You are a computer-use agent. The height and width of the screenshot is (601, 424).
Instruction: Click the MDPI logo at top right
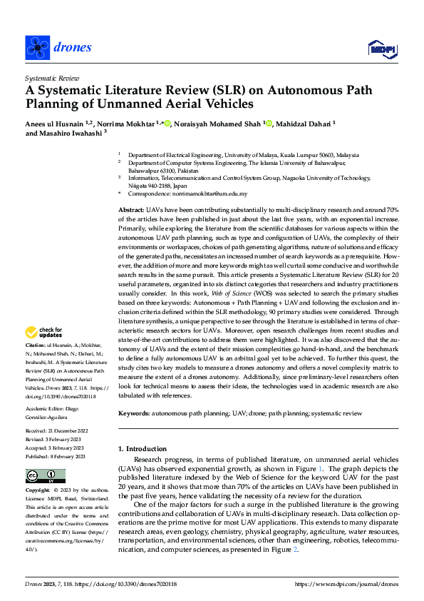(x=381, y=48)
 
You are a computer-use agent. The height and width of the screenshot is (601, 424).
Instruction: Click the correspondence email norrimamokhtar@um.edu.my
(x=212, y=193)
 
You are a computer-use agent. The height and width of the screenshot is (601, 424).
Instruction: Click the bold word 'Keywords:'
(x=133, y=413)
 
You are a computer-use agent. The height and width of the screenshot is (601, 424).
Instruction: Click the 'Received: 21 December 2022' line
(x=59, y=432)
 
